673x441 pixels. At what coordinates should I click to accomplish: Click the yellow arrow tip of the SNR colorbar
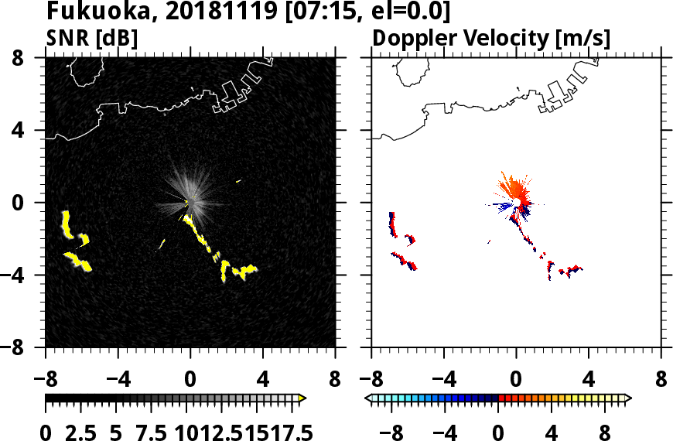point(302,398)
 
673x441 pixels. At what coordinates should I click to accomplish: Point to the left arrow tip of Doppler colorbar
point(369,398)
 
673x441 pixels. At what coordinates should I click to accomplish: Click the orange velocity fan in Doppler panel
point(513,188)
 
